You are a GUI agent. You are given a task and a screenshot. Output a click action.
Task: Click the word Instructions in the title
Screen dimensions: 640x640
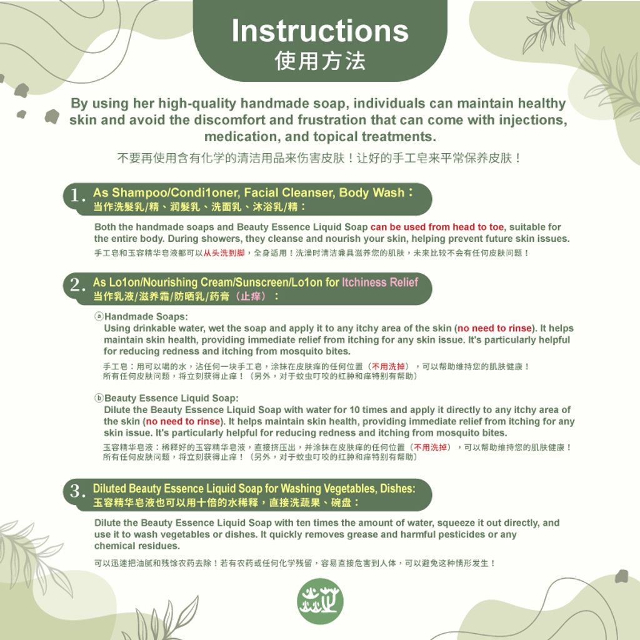pyautogui.click(x=319, y=31)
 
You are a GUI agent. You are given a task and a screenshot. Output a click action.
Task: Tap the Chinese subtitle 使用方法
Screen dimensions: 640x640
pyautogui.click(x=319, y=61)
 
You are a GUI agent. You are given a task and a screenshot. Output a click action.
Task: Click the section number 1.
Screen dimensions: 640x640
pyautogui.click(x=77, y=196)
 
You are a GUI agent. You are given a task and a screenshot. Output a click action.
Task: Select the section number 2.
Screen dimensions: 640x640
pyautogui.click(x=77, y=286)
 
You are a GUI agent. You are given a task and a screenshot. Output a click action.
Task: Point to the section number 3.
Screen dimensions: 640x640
pyautogui.click(x=77, y=492)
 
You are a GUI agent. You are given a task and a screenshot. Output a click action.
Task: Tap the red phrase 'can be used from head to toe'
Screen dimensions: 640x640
pyautogui.click(x=437, y=227)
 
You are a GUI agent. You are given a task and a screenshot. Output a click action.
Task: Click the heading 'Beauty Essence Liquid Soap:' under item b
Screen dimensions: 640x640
pyautogui.click(x=171, y=398)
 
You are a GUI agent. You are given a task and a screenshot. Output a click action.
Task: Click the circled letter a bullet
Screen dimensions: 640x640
pyautogui.click(x=99, y=317)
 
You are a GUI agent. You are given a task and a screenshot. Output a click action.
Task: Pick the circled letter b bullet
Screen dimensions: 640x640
pyautogui.click(x=99, y=398)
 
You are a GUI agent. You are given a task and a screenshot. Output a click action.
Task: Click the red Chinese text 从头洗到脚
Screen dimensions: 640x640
pyautogui.click(x=224, y=253)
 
